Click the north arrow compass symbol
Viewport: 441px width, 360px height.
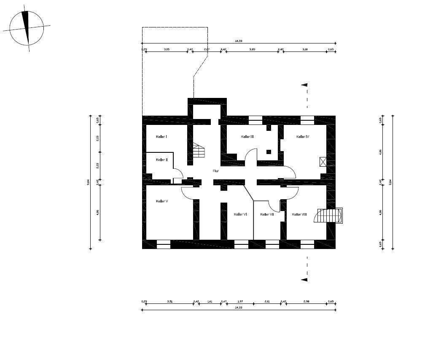point(27,28)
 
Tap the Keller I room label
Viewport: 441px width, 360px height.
point(161,137)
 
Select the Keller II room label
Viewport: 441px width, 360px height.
point(161,160)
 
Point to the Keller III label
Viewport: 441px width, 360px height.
point(247,137)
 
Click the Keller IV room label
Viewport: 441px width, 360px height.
point(303,137)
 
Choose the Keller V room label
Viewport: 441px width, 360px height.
point(162,201)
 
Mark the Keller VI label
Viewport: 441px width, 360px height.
point(240,214)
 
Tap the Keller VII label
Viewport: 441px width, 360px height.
point(267,214)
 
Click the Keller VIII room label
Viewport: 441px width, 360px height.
point(299,214)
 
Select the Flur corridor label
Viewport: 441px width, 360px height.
point(215,171)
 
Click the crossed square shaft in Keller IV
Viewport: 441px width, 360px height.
point(323,161)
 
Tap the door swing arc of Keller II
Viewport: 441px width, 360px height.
point(178,173)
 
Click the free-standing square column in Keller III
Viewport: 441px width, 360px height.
point(269,152)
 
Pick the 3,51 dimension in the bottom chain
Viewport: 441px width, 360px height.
point(170,302)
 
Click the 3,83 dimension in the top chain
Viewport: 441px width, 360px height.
point(252,49)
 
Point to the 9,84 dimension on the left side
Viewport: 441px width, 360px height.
point(88,181)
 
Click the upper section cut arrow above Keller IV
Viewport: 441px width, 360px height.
point(304,85)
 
